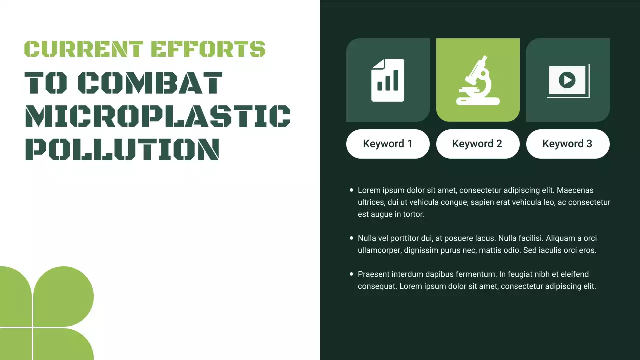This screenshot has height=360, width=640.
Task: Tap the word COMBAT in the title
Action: point(151,83)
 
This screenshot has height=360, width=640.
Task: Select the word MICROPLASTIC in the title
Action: point(158,117)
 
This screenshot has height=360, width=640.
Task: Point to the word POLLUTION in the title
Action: point(122,149)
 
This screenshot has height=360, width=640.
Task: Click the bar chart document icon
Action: point(388,80)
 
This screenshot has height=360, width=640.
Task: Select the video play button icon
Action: point(567,80)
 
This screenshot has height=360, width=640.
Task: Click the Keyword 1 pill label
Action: point(388,144)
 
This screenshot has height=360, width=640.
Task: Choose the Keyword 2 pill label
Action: point(477,144)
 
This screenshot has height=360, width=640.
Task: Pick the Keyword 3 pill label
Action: point(567,144)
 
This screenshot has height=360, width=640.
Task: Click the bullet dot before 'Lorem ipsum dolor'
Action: point(351,190)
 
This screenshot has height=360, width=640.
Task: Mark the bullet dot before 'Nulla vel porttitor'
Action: point(351,238)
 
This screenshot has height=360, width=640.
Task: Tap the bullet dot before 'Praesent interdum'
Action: point(351,274)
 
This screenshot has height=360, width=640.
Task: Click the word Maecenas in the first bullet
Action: point(575,190)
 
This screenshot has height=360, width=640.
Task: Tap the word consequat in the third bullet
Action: point(377,287)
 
